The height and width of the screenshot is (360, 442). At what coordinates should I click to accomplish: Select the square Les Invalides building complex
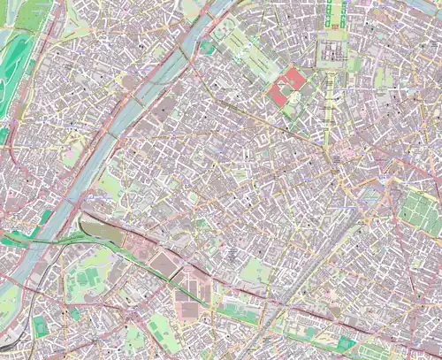pyautogui.click(x=333, y=50)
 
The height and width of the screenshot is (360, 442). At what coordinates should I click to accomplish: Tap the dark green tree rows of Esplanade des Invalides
pyautogui.click(x=333, y=12)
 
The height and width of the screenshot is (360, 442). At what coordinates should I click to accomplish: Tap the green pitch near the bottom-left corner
pyautogui.click(x=40, y=326)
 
